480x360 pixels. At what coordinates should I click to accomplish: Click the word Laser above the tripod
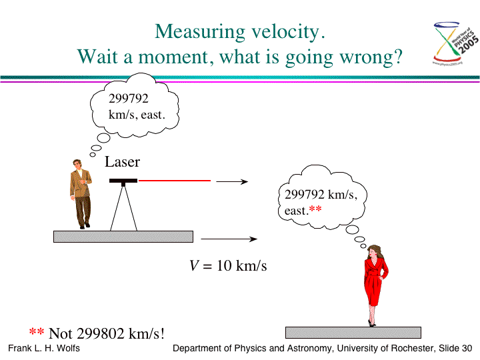pyautogui.click(x=122, y=161)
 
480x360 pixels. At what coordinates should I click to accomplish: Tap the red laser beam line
pyautogui.click(x=175, y=181)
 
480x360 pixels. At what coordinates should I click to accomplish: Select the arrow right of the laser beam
pyautogui.click(x=232, y=181)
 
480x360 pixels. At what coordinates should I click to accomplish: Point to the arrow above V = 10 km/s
pyautogui.click(x=229, y=239)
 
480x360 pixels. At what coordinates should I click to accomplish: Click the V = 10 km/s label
pyautogui.click(x=228, y=265)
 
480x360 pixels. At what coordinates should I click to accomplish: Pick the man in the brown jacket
pyautogui.click(x=81, y=194)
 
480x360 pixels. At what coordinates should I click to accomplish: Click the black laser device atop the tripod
pyautogui.click(x=123, y=181)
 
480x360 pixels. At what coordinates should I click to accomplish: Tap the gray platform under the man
pyautogui.click(x=123, y=237)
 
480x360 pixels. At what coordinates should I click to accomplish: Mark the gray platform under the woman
pyautogui.click(x=353, y=333)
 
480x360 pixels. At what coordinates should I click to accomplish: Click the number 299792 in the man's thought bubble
pyautogui.click(x=129, y=99)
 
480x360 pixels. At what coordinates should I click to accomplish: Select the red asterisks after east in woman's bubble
pyautogui.click(x=315, y=209)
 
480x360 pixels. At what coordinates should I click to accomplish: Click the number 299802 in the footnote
pyautogui.click(x=101, y=333)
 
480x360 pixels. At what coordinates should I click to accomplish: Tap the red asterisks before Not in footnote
pyautogui.click(x=37, y=331)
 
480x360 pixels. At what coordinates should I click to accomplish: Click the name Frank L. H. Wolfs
pyautogui.click(x=44, y=349)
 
